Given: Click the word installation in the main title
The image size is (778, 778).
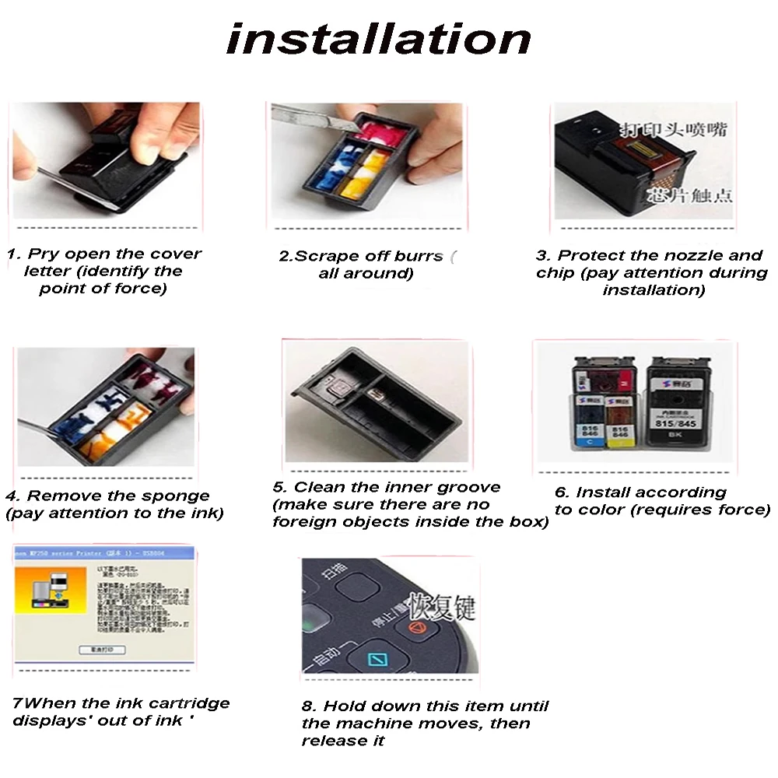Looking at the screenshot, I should (x=379, y=39).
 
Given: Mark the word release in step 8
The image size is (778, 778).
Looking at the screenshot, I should (x=332, y=741).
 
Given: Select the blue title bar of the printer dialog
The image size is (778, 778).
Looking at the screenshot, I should (x=101, y=552).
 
